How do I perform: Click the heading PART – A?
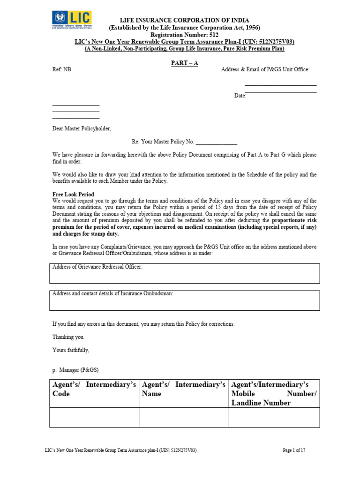(x=184, y=63)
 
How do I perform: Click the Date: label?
(x=240, y=96)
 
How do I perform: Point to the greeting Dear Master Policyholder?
(x=82, y=128)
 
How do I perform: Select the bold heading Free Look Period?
(x=73, y=194)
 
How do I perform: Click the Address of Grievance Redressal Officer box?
(x=184, y=273)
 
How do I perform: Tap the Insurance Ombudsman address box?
(x=184, y=300)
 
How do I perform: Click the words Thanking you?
(x=68, y=337)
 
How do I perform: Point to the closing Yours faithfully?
(x=70, y=350)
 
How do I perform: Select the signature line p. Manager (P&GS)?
(x=75, y=370)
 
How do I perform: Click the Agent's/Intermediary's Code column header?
(x=94, y=389)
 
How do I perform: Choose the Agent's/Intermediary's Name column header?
(x=184, y=389)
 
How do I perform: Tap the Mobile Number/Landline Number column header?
(x=274, y=394)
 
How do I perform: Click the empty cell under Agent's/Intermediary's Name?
(x=184, y=417)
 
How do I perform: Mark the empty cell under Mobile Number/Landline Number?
(x=274, y=417)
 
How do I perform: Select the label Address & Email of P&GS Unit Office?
(x=265, y=69)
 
